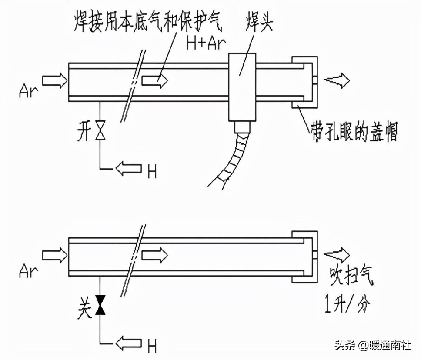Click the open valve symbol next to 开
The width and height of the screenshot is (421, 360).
(x=101, y=131)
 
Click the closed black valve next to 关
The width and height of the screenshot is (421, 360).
(x=101, y=305)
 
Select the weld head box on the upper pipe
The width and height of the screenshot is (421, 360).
(x=242, y=87)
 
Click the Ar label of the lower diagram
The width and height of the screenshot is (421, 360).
(x=29, y=271)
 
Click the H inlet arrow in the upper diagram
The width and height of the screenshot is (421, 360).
(x=129, y=168)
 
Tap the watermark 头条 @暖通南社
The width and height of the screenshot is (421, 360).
(x=372, y=346)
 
